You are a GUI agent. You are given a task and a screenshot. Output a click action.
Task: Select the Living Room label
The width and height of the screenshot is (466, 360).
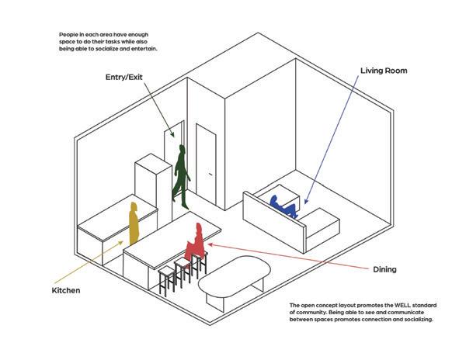tap(384, 71)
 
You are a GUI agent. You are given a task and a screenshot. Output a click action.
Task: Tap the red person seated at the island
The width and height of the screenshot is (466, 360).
tap(196, 242)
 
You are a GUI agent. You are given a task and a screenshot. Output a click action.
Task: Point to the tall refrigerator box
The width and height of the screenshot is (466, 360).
tap(152, 186)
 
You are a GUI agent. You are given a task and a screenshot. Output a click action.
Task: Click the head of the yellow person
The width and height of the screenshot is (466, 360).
tap(134, 206)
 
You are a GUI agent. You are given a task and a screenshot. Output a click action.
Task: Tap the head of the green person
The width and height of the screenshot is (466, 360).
tap(183, 147)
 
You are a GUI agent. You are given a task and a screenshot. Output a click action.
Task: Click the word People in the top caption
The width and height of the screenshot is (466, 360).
tap(68, 35)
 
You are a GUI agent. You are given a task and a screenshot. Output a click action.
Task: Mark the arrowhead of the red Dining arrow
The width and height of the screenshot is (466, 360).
tap(210, 244)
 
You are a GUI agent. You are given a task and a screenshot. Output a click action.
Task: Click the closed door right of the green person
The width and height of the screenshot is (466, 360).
tap(206, 163)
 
